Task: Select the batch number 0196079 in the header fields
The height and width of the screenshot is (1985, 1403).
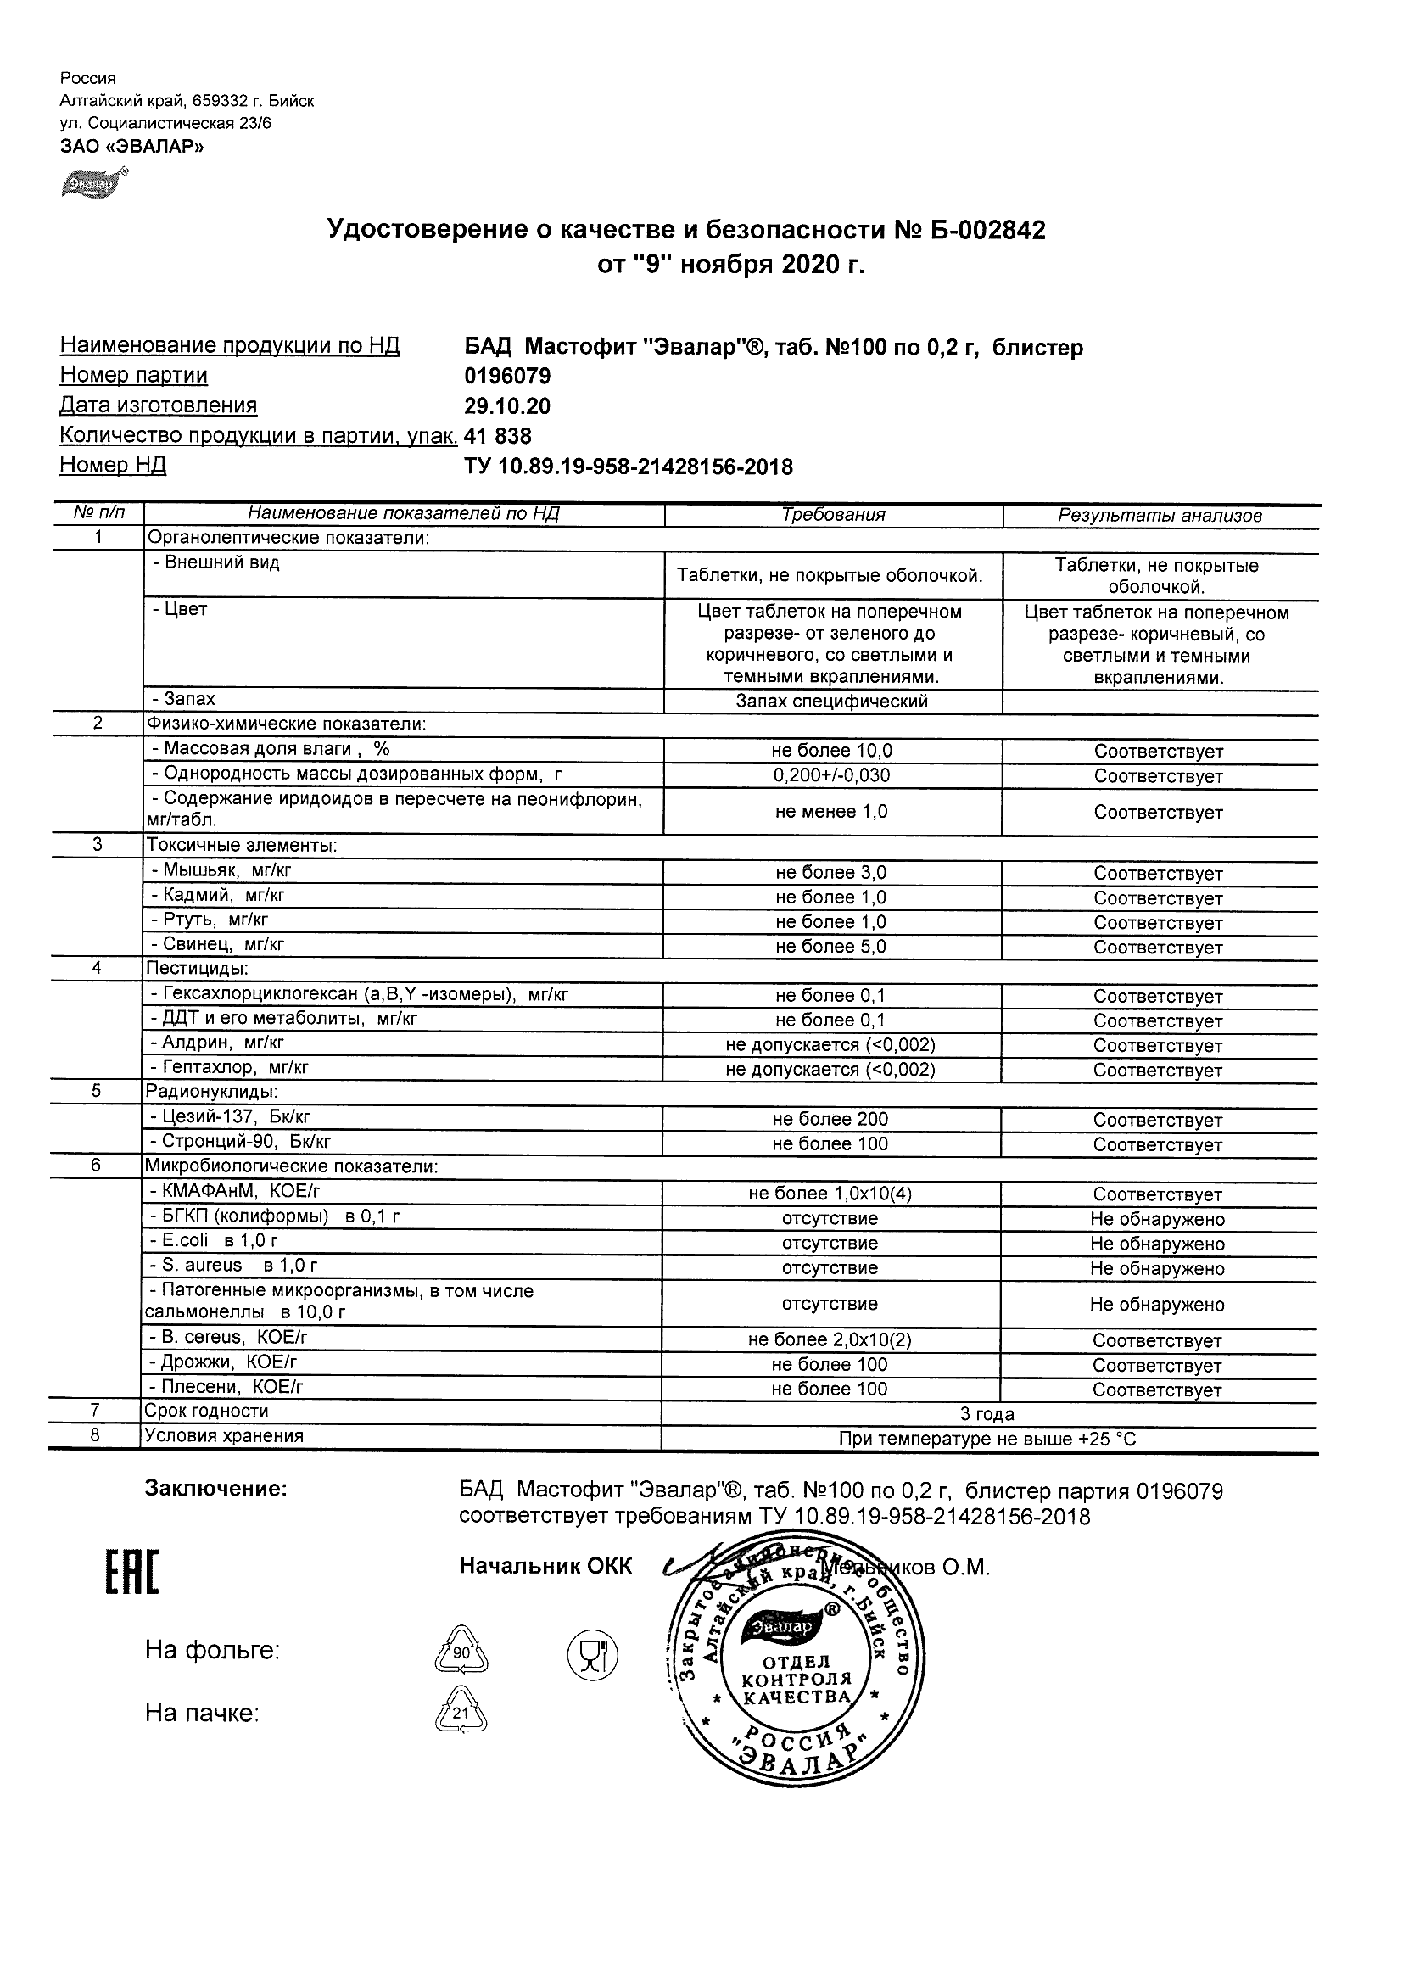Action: (x=507, y=376)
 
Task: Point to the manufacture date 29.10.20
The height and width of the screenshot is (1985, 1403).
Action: (x=507, y=406)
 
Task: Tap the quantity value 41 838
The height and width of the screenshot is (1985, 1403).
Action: (x=498, y=436)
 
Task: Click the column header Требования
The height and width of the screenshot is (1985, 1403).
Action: (x=833, y=515)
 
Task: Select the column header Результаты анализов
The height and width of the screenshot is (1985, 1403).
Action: (x=1160, y=516)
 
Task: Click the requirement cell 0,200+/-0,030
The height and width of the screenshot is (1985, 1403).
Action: (x=831, y=775)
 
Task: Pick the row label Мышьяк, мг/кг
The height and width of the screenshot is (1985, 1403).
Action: (x=221, y=870)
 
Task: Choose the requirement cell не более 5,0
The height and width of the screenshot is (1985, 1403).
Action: (x=830, y=947)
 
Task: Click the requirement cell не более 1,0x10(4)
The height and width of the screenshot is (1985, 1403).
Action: (x=830, y=1194)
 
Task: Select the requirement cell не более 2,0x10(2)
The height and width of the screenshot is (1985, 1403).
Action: (x=830, y=1340)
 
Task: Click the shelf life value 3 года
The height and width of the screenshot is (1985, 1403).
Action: (x=987, y=1414)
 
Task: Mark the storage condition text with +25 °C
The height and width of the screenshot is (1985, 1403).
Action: (x=987, y=1440)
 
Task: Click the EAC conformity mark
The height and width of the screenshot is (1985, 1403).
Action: (x=132, y=1574)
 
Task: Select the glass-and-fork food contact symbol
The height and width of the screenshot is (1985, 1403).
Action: (x=592, y=1655)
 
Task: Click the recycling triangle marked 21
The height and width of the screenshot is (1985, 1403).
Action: (x=461, y=1713)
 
